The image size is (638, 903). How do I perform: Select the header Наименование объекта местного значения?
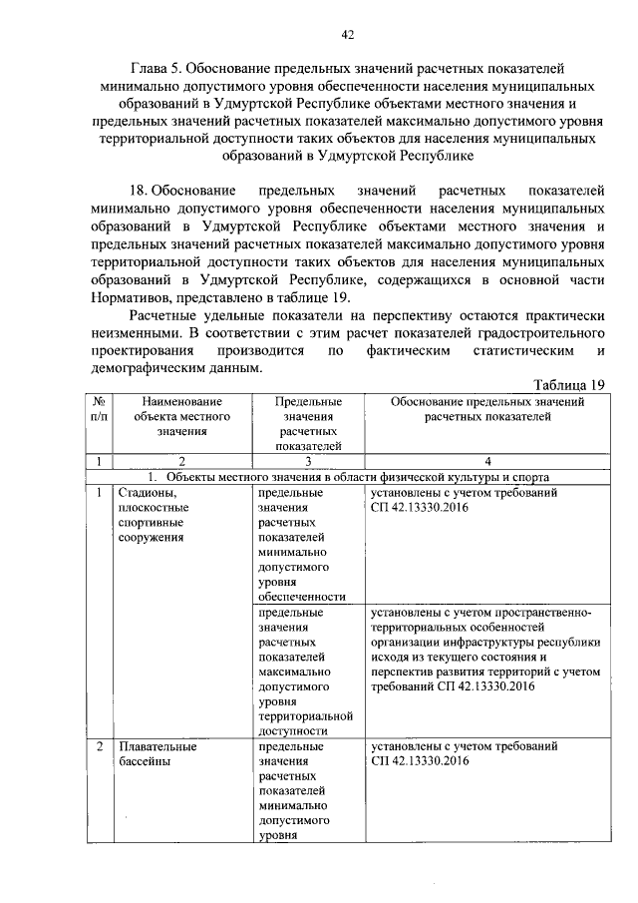pyautogui.click(x=166, y=416)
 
